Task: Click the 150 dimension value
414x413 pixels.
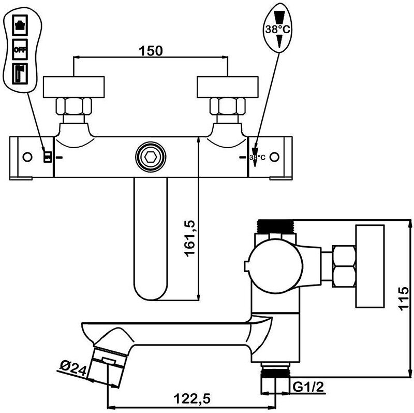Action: click(151, 50)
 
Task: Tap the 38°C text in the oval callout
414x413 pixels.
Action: click(278, 30)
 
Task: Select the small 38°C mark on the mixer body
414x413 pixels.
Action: click(257, 157)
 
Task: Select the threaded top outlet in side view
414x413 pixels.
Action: click(276, 226)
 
